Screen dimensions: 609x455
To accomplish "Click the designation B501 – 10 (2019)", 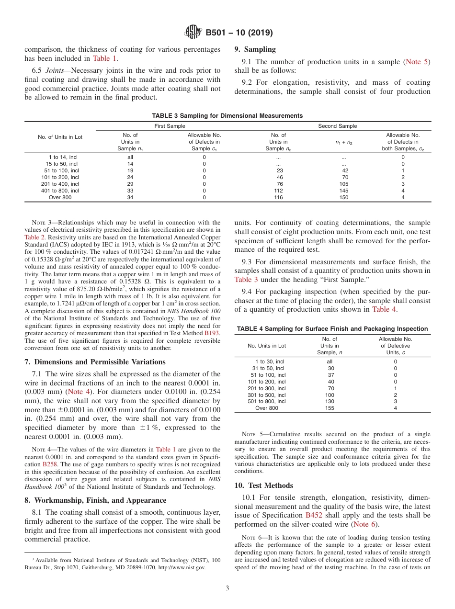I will point(239,33).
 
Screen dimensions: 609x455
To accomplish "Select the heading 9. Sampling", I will point(255,49).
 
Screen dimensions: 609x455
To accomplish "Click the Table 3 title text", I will point(227,116).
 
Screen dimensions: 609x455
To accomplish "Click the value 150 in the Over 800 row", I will point(343,197).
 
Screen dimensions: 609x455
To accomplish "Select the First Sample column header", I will point(170,126).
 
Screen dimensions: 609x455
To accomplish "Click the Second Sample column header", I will point(338,126).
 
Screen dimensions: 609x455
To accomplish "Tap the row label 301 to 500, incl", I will point(266,395).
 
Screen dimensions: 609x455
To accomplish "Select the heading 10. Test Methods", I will point(264,485).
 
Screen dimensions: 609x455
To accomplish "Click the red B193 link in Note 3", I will point(213,332).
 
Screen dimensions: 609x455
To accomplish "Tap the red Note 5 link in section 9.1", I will point(417,62).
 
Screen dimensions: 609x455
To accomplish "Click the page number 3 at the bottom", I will point(227,588).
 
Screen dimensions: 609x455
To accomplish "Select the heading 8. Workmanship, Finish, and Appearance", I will point(95,500).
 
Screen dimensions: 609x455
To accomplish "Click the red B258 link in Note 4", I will point(51,464).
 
